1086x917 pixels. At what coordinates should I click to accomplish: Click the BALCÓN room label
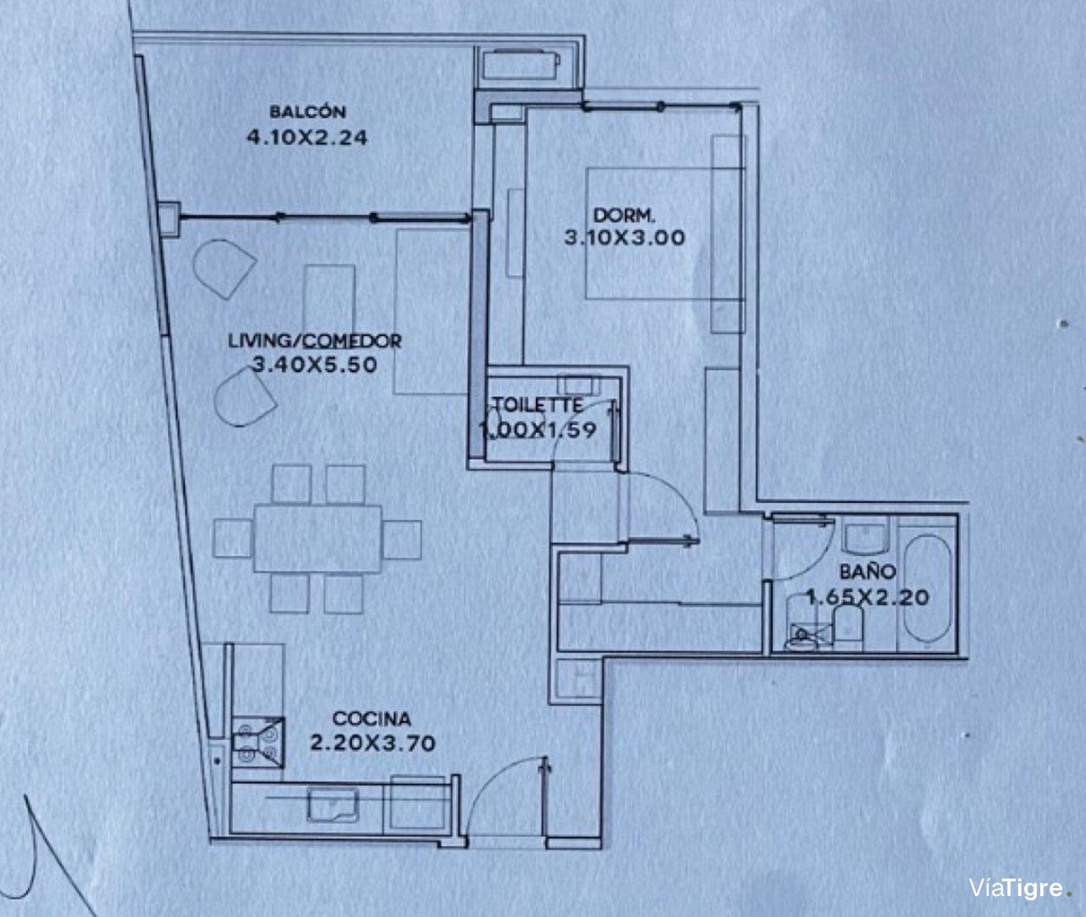pos(307,111)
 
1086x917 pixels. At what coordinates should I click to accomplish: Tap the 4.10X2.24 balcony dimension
pos(307,137)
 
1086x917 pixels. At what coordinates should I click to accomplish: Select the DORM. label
pos(624,215)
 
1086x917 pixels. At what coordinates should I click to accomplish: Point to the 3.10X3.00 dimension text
pos(624,237)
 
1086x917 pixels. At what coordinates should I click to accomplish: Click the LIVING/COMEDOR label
pos(314,341)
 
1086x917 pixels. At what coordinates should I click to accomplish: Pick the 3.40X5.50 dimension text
pos(314,364)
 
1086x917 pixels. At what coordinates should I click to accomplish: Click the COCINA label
pos(372,718)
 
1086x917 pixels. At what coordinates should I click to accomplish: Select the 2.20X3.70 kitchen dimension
pos(373,743)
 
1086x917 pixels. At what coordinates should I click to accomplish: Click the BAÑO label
pos(868,572)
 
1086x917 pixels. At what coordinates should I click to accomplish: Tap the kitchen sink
pos(333,805)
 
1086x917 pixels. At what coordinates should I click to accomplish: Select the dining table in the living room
pos(317,539)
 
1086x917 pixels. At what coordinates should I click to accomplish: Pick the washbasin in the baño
pos(865,539)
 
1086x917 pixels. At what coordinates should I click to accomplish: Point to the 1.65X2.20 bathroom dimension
pos(867,597)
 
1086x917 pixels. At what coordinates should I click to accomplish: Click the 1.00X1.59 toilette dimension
pos(538,430)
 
